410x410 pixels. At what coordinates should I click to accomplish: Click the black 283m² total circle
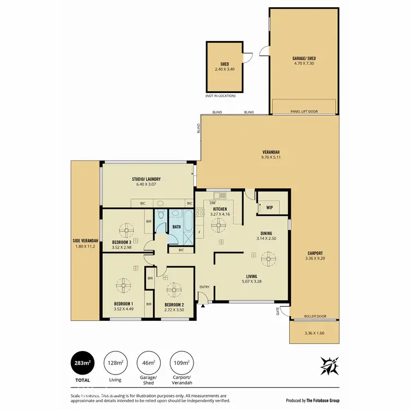[x=81, y=362]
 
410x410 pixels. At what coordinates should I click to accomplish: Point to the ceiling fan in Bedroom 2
[x=174, y=289]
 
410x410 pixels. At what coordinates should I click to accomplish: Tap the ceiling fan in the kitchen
[x=221, y=224]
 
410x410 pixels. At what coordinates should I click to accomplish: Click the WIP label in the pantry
[x=270, y=208]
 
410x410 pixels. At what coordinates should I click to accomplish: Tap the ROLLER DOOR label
[x=314, y=316]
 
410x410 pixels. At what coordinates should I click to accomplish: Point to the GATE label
[x=278, y=312]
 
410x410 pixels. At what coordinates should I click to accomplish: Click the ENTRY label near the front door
[x=204, y=287]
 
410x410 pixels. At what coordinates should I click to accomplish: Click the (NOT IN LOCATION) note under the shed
[x=220, y=96]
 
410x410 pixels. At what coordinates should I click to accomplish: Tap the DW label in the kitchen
[x=213, y=202]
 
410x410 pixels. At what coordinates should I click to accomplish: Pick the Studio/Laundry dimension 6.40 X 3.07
[x=145, y=184]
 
